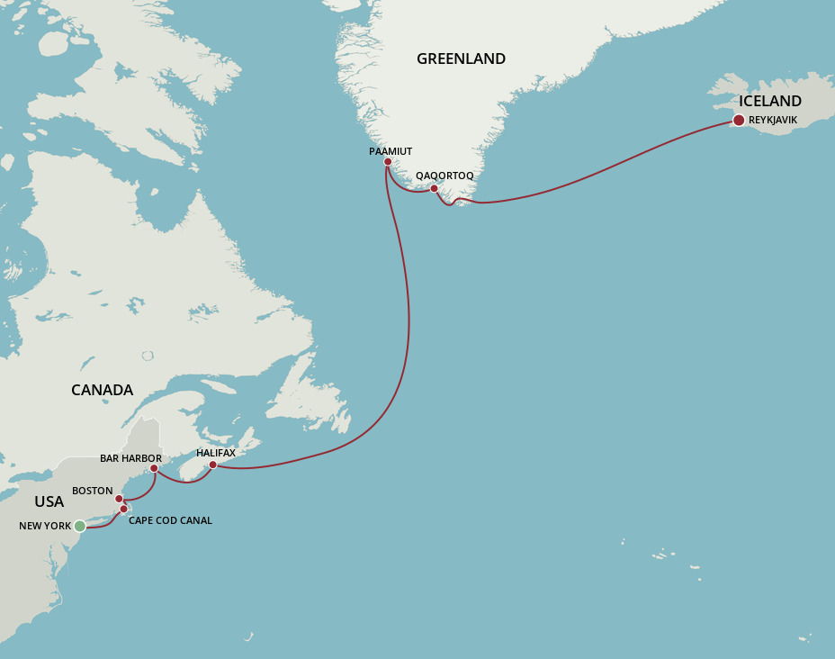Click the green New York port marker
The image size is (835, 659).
coord(79,526)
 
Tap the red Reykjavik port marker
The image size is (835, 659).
coord(739,121)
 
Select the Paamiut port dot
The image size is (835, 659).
coord(388,162)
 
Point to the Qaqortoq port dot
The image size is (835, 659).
coord(434,189)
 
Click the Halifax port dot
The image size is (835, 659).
coord(212,465)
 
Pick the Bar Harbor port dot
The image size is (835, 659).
coord(154,468)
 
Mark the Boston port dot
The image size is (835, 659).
coord(119,499)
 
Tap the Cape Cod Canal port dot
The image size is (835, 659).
coord(124,510)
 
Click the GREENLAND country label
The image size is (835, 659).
coord(461,59)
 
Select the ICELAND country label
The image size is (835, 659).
coord(770,101)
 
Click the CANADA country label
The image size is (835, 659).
coord(102,390)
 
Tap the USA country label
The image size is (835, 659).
coord(49,501)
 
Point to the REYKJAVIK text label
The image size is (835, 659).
coord(773,120)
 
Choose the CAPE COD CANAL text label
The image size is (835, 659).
coord(170,520)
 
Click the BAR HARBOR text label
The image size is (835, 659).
coord(130,458)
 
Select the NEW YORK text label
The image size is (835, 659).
coord(45,526)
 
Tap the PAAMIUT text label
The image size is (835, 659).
coord(391,151)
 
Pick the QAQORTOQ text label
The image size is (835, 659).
coord(444,176)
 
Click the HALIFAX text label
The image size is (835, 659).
coord(216,453)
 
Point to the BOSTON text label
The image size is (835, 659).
coord(93,491)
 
